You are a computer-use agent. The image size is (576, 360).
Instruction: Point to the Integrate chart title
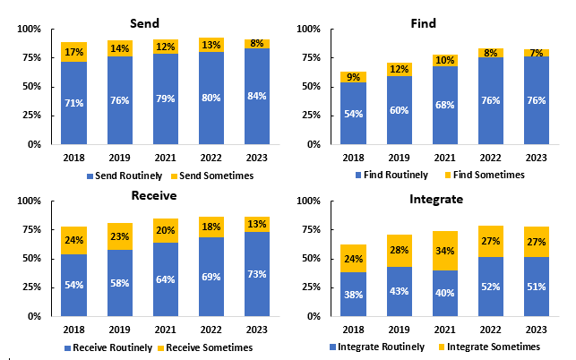(437, 199)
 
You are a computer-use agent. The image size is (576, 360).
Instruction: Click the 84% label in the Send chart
(255, 96)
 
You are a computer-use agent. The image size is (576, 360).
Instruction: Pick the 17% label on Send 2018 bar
(74, 52)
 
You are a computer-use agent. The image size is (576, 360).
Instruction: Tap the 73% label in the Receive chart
(255, 274)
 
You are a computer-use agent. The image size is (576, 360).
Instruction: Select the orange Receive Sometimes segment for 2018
(74, 240)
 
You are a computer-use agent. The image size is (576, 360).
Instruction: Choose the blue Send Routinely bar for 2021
(165, 107)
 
